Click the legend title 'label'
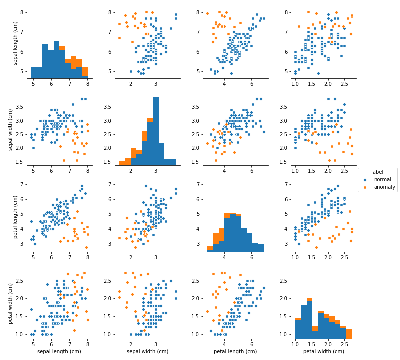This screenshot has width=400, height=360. pos(377,172)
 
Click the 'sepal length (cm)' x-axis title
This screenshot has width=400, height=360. pos(59,352)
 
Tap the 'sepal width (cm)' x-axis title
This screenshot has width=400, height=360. pos(147,352)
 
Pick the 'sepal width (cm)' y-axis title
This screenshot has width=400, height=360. pos(10,129)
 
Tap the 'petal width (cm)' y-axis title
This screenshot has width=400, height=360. pos(10,303)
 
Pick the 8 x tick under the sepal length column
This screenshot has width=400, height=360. pos(87,344)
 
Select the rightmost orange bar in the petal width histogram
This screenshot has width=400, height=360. pos(349,334)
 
